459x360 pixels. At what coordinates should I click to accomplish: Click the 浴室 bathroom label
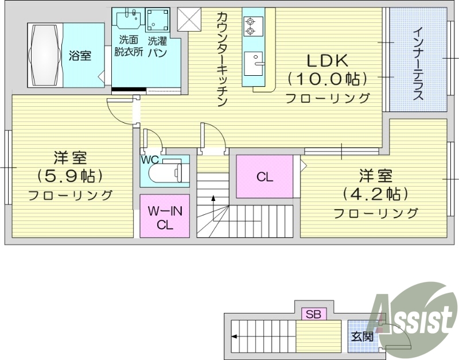pyautogui.click(x=80, y=56)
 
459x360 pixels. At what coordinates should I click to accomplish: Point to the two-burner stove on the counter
pyautogui.click(x=250, y=26)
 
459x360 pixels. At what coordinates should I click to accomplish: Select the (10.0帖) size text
pyautogui.click(x=328, y=78)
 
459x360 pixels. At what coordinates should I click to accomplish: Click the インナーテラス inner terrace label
pyautogui.click(x=418, y=63)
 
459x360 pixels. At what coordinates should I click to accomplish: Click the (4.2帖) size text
pyautogui.click(x=375, y=193)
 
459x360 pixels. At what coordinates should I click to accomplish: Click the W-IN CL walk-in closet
pyautogui.click(x=165, y=217)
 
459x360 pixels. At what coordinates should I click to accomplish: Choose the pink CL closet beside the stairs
pyautogui.click(x=264, y=177)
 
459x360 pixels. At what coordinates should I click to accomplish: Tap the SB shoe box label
pyautogui.click(x=313, y=314)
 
